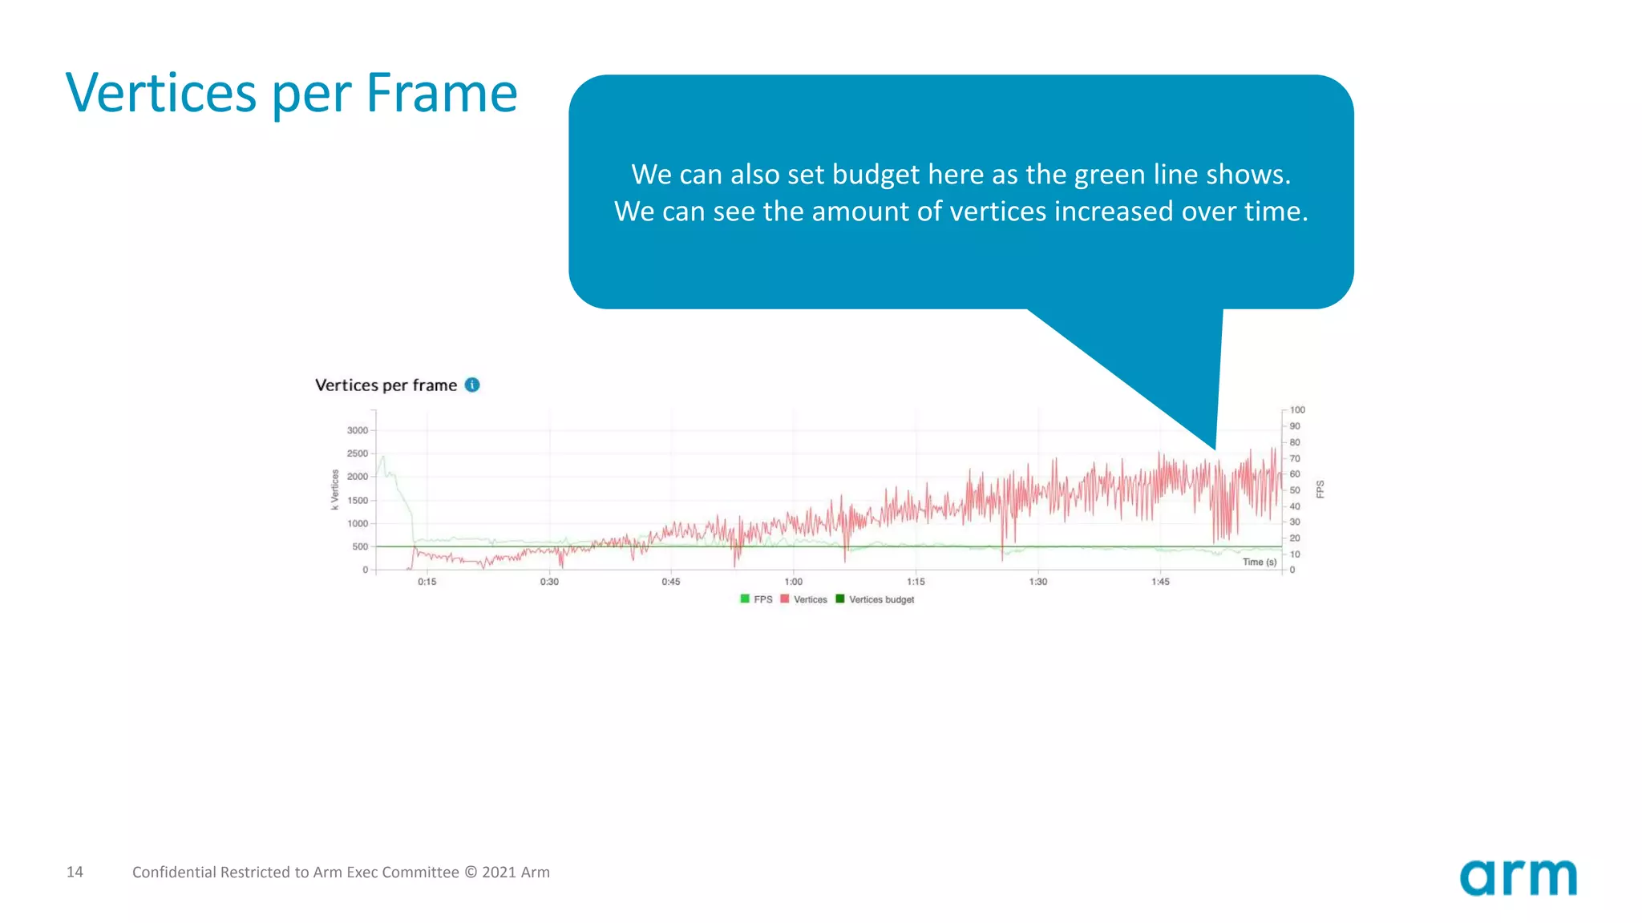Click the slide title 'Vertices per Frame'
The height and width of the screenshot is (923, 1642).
pyautogui.click(x=291, y=93)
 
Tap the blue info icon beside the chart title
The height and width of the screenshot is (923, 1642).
pyautogui.click(x=472, y=385)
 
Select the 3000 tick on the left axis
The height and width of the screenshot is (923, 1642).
pyautogui.click(x=358, y=430)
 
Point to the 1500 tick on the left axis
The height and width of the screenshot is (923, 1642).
pyautogui.click(x=358, y=501)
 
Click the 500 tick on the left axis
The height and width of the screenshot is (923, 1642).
pyautogui.click(x=360, y=547)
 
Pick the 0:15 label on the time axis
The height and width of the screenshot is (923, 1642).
pyautogui.click(x=427, y=582)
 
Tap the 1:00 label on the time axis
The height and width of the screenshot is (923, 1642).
pyautogui.click(x=793, y=582)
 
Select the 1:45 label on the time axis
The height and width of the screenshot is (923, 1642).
pyautogui.click(x=1160, y=582)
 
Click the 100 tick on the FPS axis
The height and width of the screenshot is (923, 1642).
pyautogui.click(x=1297, y=410)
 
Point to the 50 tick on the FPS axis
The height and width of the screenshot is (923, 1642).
pyautogui.click(x=1295, y=490)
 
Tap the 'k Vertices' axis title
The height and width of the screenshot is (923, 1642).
pyautogui.click(x=335, y=490)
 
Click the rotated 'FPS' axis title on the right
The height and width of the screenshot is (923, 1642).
pyautogui.click(x=1320, y=490)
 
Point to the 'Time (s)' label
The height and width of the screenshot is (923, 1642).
pyautogui.click(x=1259, y=562)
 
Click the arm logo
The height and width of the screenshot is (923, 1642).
pyautogui.click(x=1518, y=877)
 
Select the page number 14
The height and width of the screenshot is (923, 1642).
pyautogui.click(x=75, y=872)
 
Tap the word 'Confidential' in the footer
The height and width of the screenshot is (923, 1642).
pyautogui.click(x=174, y=872)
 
